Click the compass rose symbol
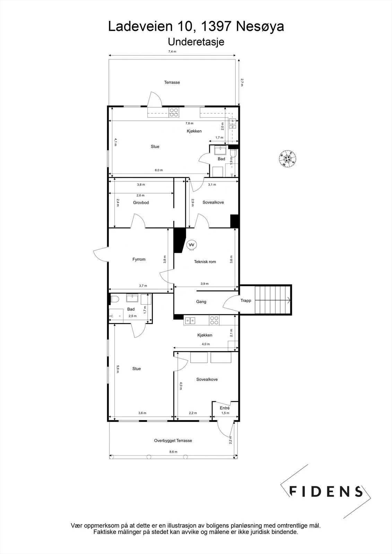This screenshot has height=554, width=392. (287, 159)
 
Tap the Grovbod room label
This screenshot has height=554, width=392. (141, 203)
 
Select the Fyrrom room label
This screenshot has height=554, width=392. (139, 259)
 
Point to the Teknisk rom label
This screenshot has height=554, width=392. (205, 262)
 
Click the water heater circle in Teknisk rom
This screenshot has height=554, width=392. (191, 245)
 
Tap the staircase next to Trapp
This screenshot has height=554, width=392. (272, 300)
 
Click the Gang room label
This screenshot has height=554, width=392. (201, 302)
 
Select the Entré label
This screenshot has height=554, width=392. (225, 408)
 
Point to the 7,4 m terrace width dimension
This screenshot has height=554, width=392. (172, 52)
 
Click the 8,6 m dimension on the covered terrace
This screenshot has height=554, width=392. (173, 452)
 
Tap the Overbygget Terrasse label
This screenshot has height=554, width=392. (173, 440)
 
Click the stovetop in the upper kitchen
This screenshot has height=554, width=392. (174, 113)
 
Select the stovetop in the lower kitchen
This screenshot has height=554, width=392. (214, 321)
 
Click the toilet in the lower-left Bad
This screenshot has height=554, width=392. (114, 299)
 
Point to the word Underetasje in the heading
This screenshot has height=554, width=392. (196, 42)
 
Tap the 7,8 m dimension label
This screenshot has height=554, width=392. (190, 123)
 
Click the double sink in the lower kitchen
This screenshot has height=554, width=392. (190, 321)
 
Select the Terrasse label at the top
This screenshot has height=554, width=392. (172, 82)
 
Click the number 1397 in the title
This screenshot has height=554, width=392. (216, 26)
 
